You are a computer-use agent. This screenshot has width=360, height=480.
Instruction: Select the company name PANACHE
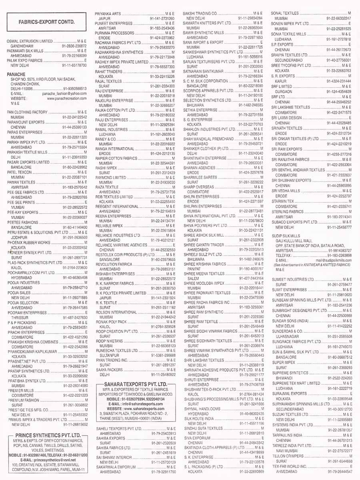(16, 74)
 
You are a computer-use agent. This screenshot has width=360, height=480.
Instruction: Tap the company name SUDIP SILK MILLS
(286, 236)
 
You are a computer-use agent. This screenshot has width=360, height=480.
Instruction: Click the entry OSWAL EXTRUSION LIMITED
(30, 41)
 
